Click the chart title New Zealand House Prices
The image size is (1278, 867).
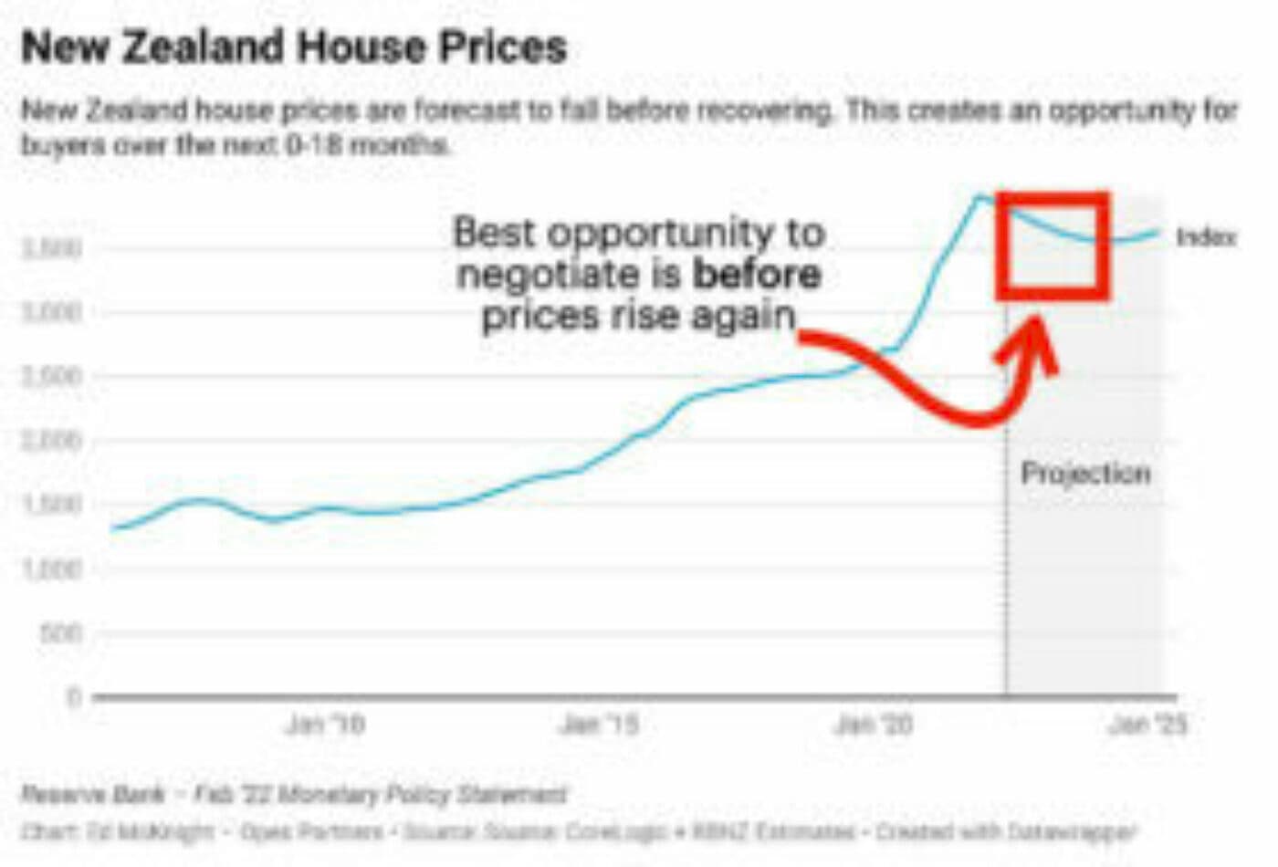[293, 47]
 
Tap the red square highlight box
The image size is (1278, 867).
[1052, 245]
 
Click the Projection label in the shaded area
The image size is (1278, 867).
[1084, 473]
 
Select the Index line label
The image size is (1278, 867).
[1206, 237]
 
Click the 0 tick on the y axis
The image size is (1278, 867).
[74, 697]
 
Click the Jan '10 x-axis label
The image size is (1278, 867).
[325, 725]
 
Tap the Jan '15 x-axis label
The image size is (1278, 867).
[599, 725]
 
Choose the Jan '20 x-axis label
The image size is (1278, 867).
[873, 725]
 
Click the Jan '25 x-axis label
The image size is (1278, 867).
[1147, 725]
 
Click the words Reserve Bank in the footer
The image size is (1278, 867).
[92, 794]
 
